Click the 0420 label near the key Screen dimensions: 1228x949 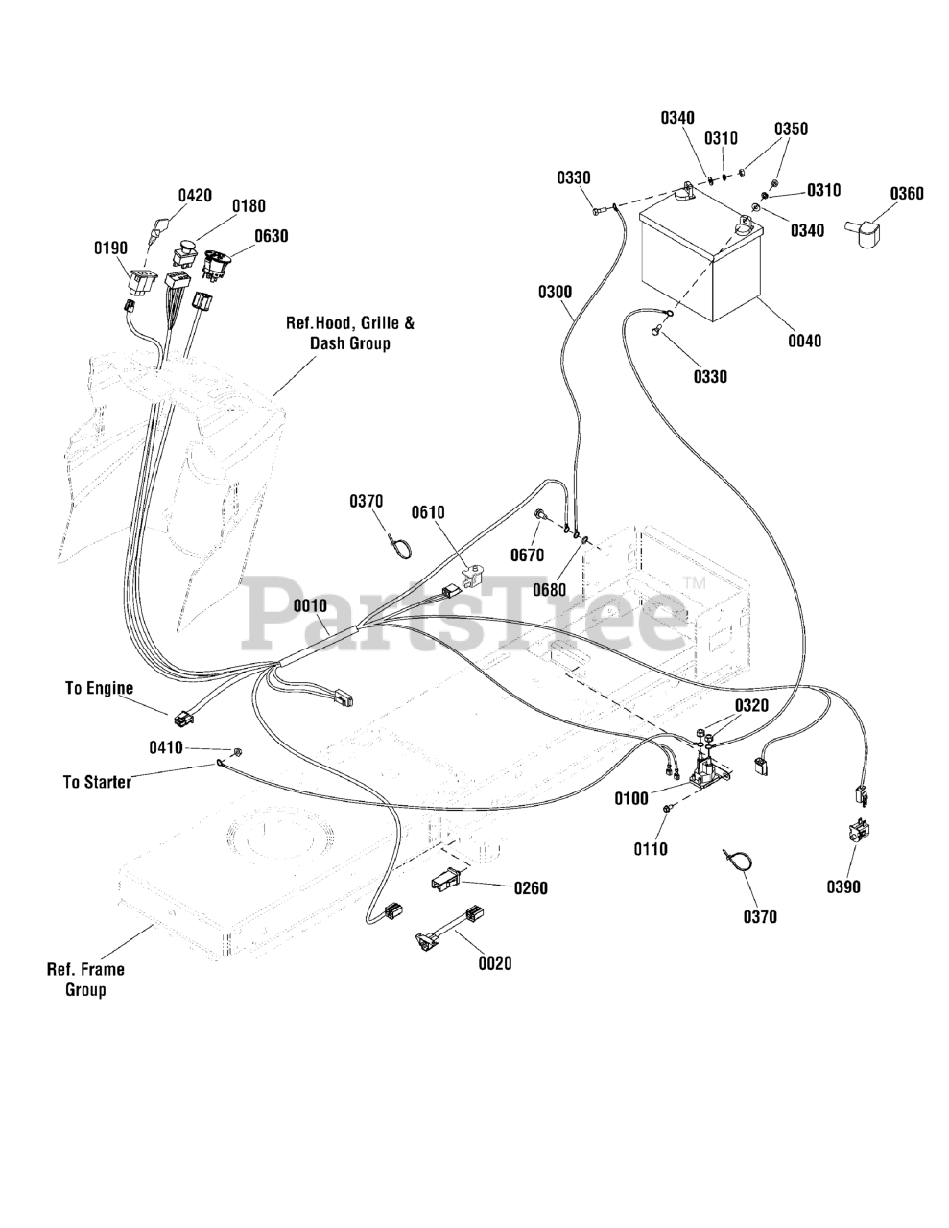(x=195, y=195)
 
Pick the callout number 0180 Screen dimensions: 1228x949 (x=249, y=205)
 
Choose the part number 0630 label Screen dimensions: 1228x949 (x=271, y=235)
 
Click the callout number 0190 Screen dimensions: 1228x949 (x=110, y=248)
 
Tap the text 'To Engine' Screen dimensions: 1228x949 (x=99, y=688)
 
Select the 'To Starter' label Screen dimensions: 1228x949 (x=97, y=782)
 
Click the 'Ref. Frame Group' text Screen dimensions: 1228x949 (x=85, y=979)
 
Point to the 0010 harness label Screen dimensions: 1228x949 (x=310, y=605)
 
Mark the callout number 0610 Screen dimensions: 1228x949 (x=428, y=512)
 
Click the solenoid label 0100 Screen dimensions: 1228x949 (x=632, y=797)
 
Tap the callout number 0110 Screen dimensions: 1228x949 (x=651, y=848)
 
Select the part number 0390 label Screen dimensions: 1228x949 (x=843, y=886)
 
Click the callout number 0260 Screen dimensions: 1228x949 (x=530, y=888)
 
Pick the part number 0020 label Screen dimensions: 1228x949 (x=495, y=963)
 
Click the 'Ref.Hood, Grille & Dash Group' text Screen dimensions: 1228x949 (x=350, y=333)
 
